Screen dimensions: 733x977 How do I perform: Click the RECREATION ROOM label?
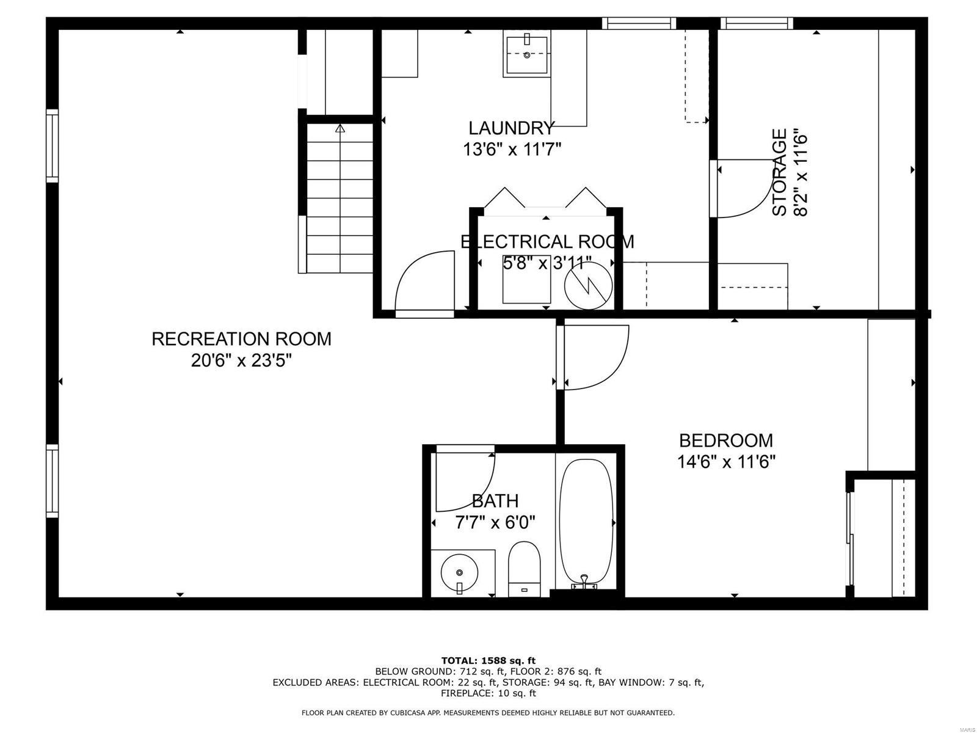241,338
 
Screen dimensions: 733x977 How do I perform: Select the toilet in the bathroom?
525,568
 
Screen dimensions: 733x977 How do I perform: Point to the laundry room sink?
526,54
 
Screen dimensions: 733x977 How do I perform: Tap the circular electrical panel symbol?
588,286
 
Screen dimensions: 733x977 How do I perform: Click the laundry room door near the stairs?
424,284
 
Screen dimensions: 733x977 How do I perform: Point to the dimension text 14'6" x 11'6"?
726,462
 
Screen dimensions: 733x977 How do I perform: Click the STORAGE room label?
779,172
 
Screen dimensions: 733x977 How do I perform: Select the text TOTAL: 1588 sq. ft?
488,660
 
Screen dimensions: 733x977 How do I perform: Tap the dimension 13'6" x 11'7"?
512,149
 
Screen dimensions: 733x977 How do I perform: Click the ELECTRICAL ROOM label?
547,242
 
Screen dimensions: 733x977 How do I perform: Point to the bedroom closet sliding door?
849,538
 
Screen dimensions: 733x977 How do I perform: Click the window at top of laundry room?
639,23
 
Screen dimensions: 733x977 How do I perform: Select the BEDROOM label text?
726,440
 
